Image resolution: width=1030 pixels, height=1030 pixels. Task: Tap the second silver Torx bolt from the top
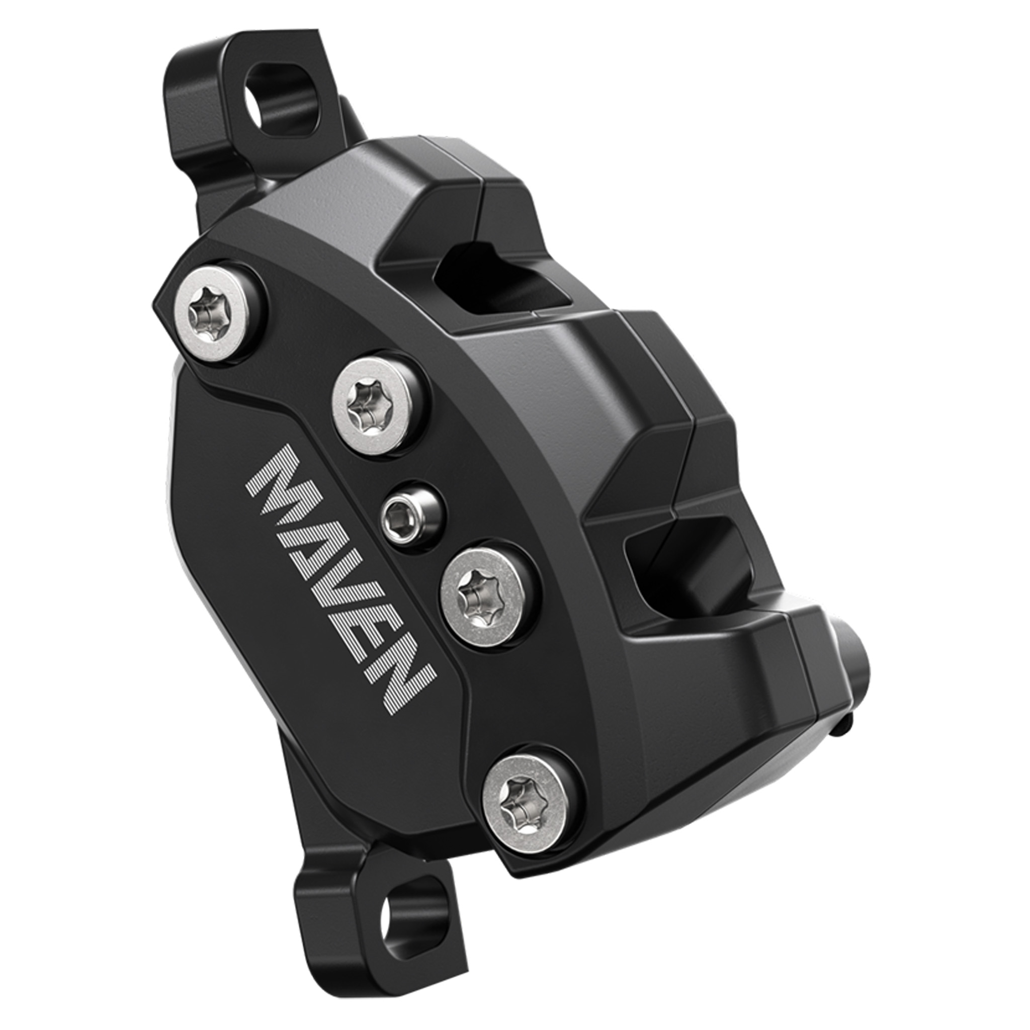(372, 403)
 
